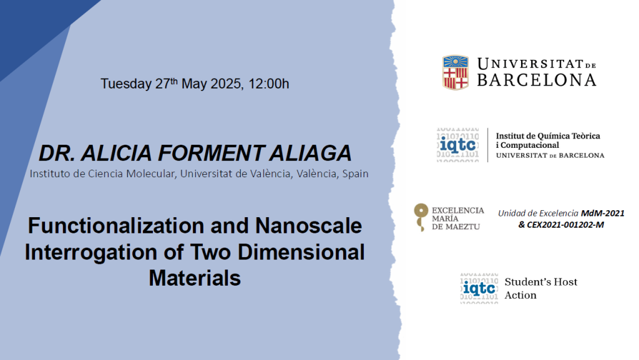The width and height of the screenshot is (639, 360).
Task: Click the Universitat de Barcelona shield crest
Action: (x=455, y=72)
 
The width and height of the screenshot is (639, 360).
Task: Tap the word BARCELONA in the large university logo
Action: (x=537, y=80)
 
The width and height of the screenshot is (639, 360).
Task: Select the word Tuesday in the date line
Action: (x=126, y=84)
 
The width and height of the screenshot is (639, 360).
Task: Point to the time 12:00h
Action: (x=268, y=84)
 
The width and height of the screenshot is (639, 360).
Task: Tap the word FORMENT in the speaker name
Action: (x=211, y=153)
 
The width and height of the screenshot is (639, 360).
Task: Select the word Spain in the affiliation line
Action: (x=355, y=174)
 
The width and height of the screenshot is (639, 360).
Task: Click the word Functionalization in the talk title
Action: (x=115, y=226)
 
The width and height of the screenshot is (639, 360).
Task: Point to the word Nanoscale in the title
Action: (x=308, y=226)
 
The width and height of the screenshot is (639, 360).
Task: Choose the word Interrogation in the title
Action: (x=91, y=253)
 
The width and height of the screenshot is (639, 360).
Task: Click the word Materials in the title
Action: (x=195, y=278)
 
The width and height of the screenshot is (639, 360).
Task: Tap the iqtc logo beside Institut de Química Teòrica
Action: (x=458, y=145)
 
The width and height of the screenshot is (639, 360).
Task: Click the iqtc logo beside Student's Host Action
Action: (x=479, y=288)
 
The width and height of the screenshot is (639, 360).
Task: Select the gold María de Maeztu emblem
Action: (x=421, y=217)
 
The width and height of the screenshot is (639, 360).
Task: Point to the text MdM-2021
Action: (x=603, y=213)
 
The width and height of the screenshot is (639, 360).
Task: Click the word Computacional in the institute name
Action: (x=530, y=145)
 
